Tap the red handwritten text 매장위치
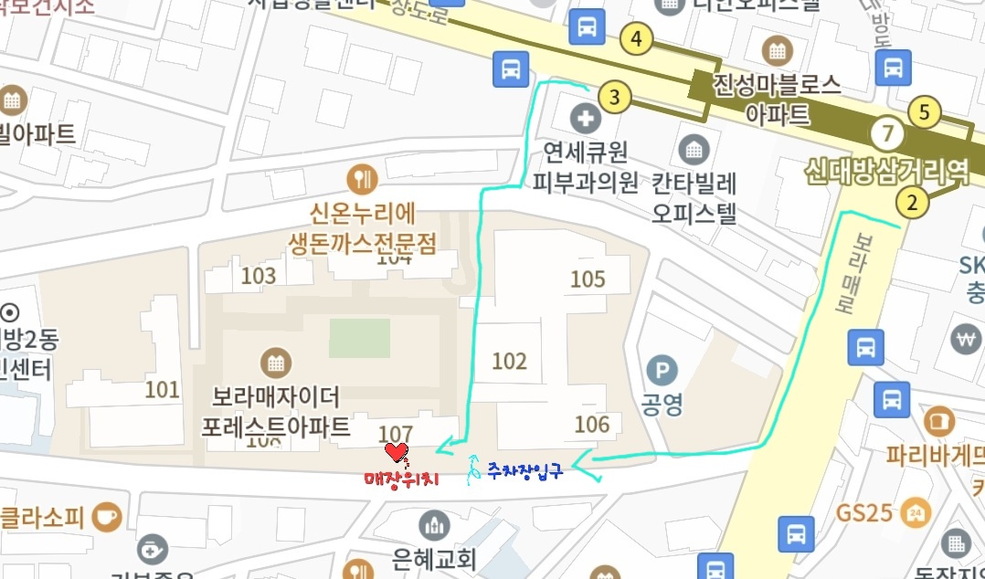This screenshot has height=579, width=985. (402, 479)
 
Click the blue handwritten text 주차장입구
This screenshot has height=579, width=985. (524, 471)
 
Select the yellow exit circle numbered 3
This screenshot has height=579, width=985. (615, 96)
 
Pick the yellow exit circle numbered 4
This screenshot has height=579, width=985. (636, 39)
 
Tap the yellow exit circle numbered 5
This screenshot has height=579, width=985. (925, 113)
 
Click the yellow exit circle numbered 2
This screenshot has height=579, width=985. (912, 203)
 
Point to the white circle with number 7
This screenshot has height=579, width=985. (885, 135)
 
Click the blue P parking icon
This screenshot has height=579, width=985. (662, 371)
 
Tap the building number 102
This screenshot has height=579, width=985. (510, 361)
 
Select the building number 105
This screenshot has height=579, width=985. (588, 279)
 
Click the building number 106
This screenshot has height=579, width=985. (591, 424)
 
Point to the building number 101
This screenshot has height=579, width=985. (162, 391)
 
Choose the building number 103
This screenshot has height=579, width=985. (259, 276)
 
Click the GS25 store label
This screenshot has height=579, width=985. (863, 512)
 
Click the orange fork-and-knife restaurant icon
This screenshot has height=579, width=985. (364, 177)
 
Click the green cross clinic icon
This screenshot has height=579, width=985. (582, 118)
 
